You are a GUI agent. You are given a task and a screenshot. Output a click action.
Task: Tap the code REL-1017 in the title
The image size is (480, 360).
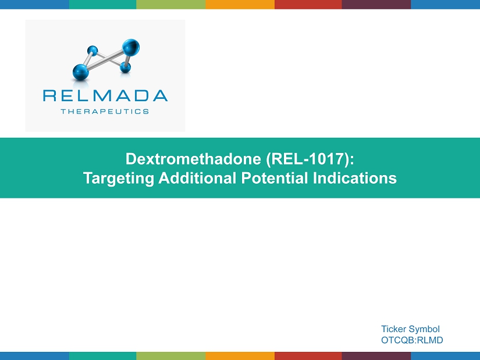pos(307,159)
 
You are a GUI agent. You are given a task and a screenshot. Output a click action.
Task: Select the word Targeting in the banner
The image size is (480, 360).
pos(119,179)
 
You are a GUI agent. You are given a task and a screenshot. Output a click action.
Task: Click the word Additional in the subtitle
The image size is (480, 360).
pos(197,178)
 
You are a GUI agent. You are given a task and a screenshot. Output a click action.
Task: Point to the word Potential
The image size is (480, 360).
pos(275,178)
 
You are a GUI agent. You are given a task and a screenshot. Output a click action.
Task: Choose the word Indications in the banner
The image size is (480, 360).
pos(355,178)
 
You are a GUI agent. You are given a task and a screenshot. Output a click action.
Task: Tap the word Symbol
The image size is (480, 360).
pos(424,330)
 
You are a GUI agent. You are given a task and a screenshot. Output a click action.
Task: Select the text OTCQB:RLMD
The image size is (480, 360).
pos(412,340)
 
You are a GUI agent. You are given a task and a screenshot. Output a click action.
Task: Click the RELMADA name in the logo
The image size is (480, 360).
pos(105,95)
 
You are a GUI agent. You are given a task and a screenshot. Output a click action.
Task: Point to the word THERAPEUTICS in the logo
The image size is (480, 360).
pos(105,112)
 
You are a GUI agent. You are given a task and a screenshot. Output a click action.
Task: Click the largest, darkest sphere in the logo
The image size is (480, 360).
pos(131,47)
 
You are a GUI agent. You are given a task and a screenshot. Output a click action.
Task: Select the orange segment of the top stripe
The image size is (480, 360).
pos(240,4)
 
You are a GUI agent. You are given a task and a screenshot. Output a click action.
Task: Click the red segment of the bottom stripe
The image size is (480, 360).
pos(308,356)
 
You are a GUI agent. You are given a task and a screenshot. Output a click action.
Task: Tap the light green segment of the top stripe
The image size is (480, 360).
pos(171,4)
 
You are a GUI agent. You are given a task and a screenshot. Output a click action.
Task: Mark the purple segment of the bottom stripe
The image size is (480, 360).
pos(376,356)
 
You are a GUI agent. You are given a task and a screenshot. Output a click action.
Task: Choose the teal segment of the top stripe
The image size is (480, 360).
pos(102,4)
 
